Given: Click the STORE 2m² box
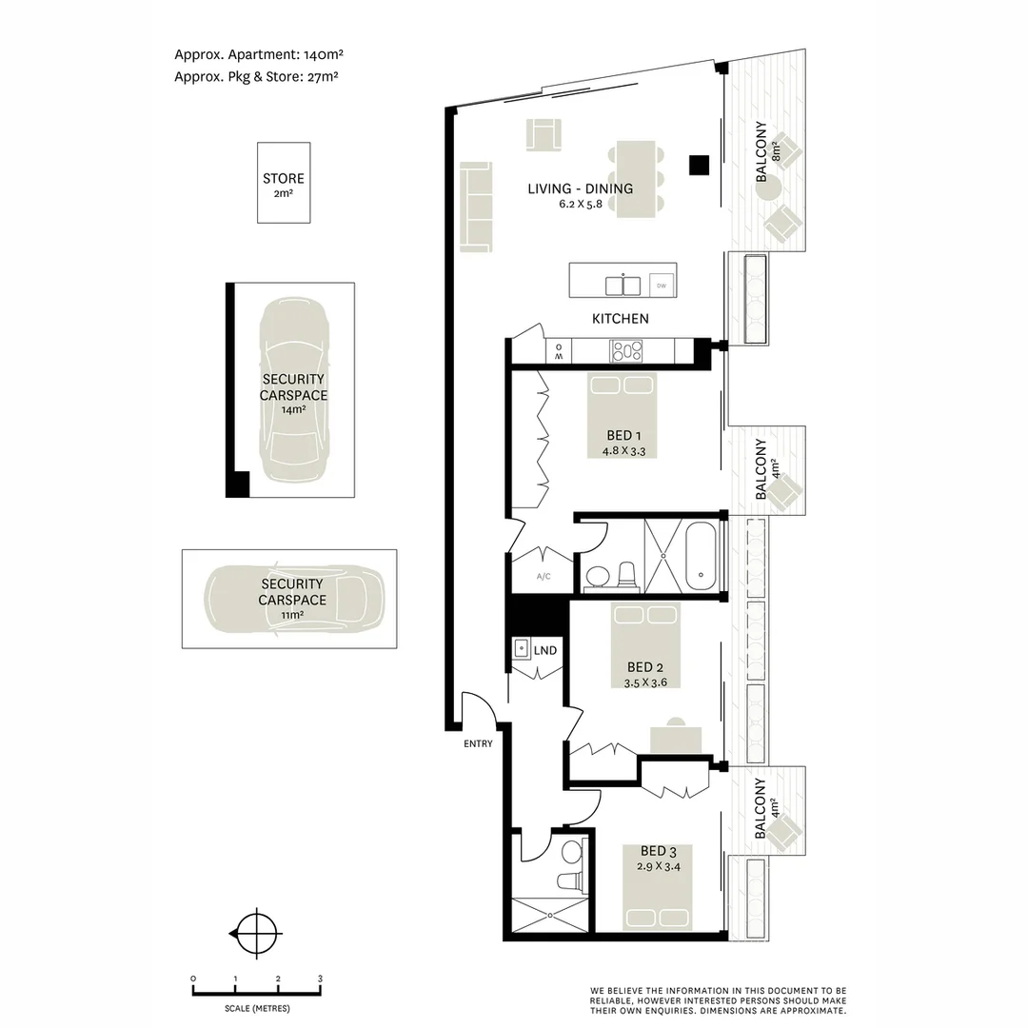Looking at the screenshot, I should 284,183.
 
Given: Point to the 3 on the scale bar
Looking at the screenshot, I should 321,979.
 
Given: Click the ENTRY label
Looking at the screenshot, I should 479,743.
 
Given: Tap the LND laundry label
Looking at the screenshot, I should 545,651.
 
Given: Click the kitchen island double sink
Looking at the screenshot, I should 623,285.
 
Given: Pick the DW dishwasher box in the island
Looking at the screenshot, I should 660,284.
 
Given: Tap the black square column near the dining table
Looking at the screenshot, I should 701,165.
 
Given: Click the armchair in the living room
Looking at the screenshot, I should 544,134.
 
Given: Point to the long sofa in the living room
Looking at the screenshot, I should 476,207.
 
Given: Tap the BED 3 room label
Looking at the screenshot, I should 655,851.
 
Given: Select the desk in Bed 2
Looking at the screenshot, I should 676,739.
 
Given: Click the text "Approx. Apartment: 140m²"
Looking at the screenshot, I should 266,54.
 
